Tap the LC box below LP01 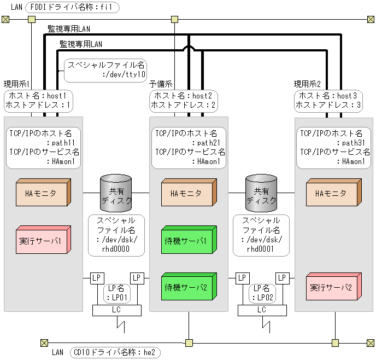(116, 310)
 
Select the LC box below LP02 (262, 310)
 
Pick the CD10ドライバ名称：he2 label (114, 352)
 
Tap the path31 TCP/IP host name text (344, 142)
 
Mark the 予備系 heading (161, 84)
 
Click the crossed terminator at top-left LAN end (5, 20)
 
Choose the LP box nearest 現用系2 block (282, 278)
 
